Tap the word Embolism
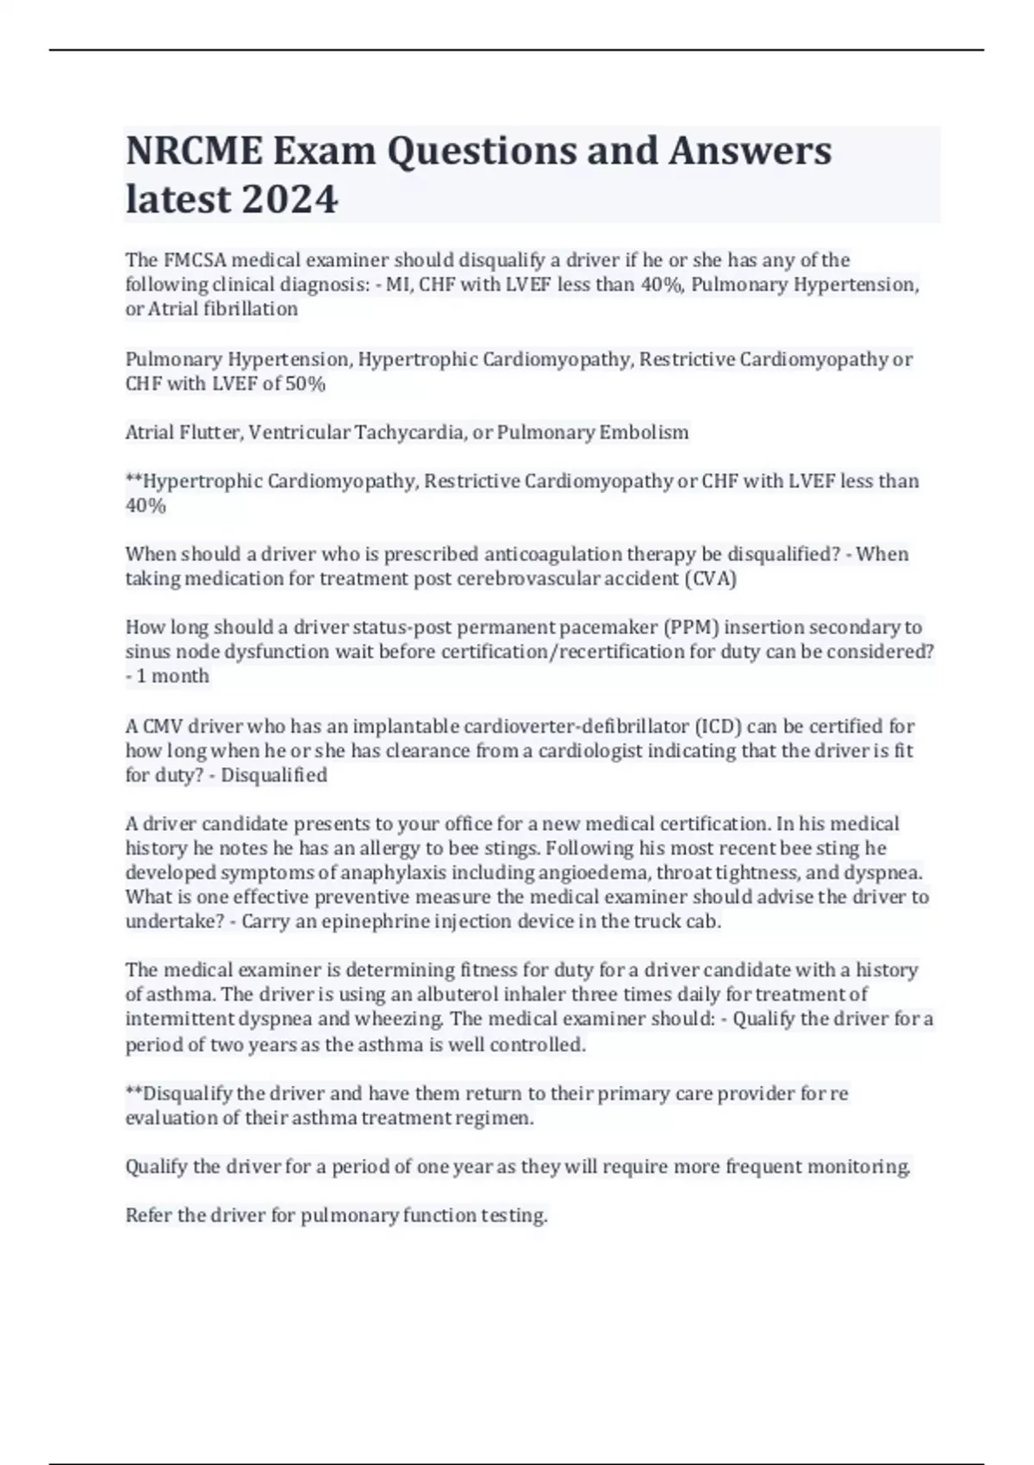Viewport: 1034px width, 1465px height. (x=644, y=433)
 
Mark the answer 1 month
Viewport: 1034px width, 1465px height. (x=172, y=676)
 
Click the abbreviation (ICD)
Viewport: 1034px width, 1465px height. (x=718, y=726)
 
